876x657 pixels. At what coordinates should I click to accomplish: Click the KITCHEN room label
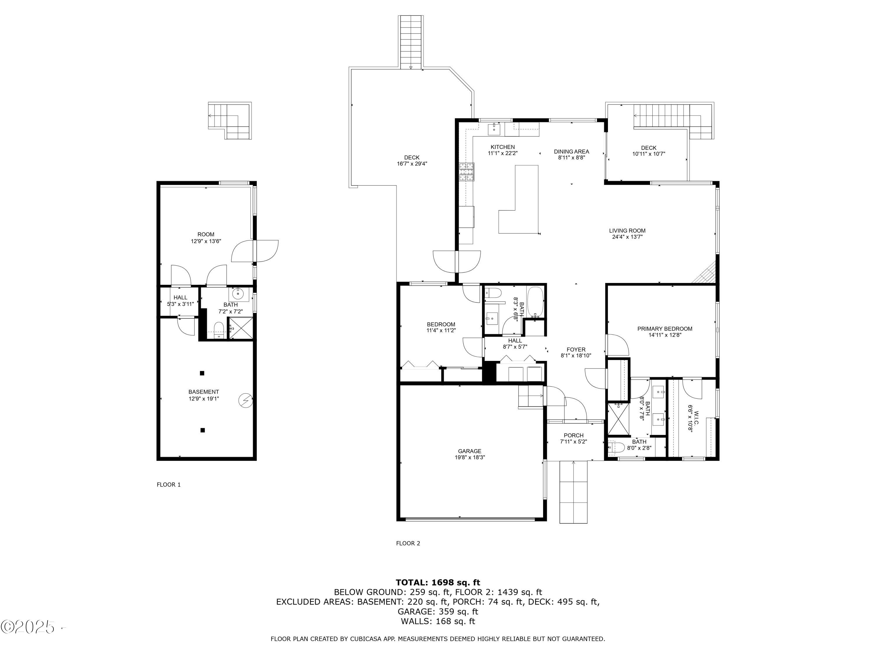point(503,147)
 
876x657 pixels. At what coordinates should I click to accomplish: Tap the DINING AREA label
point(571,151)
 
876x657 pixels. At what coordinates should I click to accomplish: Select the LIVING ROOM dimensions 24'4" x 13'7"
point(627,237)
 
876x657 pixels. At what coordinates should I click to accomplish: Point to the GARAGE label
point(469,451)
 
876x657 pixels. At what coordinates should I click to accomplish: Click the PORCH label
point(573,435)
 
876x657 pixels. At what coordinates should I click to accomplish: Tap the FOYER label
point(576,349)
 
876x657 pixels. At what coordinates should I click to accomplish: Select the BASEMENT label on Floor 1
point(204,392)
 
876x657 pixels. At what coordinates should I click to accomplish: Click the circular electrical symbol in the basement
point(246,400)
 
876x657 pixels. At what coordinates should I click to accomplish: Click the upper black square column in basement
point(202,373)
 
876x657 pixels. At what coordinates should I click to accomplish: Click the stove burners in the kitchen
point(467,172)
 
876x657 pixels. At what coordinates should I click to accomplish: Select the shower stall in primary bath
point(618,419)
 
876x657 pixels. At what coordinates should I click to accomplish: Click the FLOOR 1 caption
point(169,484)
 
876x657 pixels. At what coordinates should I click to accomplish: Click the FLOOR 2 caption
point(408,543)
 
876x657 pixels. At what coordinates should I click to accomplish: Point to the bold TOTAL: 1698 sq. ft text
point(438,582)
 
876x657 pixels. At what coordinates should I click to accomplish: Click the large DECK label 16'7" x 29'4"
point(412,160)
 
